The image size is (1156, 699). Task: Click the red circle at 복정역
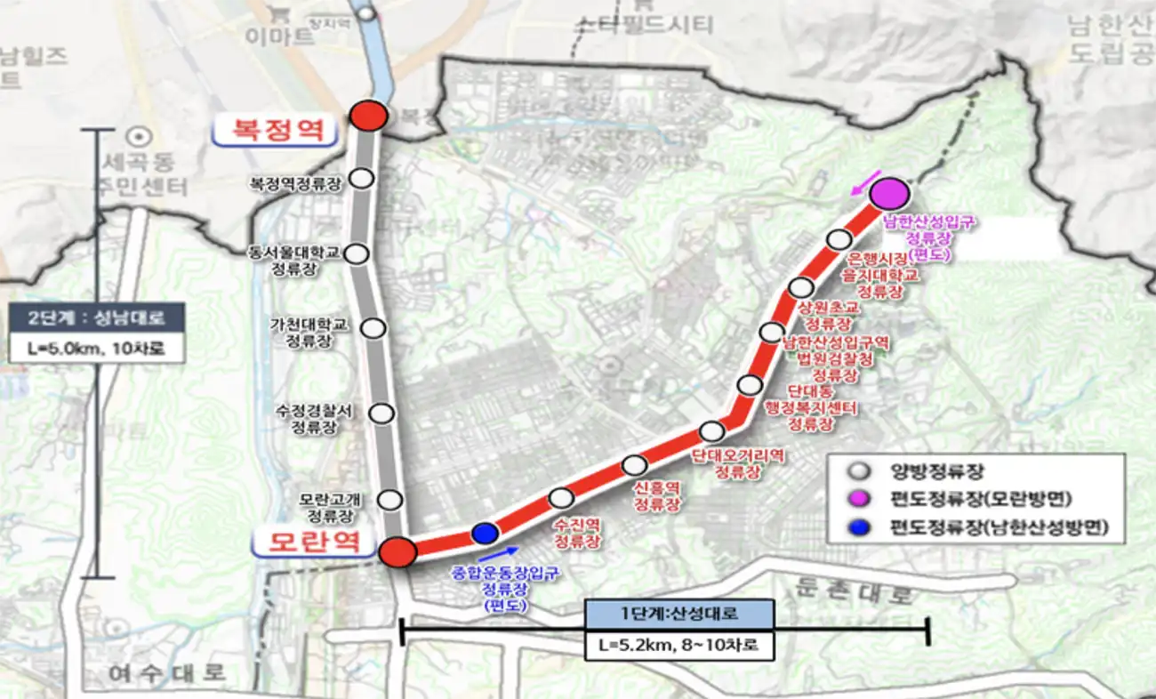coord(368,116)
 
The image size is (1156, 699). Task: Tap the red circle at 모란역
coord(397,552)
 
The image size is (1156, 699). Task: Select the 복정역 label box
coord(275,130)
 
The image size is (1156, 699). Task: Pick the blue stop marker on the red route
coord(484,533)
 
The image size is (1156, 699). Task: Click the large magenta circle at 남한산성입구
coord(887,193)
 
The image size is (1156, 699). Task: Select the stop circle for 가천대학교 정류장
coord(373,327)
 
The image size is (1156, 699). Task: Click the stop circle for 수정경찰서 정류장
coord(381,413)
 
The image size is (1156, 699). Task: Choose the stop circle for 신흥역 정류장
coord(634,465)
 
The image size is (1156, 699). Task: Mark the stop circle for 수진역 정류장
coord(561,498)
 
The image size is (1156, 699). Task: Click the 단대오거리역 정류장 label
coord(738,463)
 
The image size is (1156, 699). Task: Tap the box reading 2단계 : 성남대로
coord(98,316)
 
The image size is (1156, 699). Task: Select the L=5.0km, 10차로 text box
coord(98,348)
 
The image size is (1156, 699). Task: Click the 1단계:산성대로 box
coord(679,613)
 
